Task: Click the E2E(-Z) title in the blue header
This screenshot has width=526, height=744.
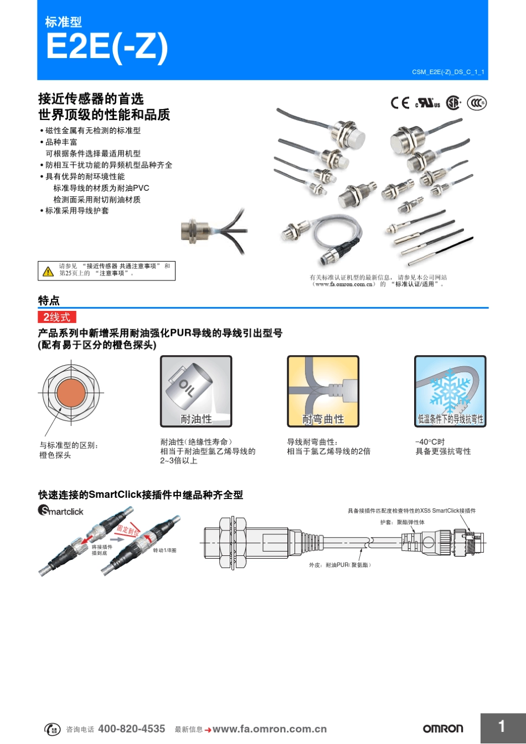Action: pos(106,46)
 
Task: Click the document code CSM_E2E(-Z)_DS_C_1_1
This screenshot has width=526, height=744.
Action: pos(447,72)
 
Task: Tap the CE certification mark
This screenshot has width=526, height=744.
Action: pos(400,103)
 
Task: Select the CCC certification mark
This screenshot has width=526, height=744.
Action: pos(476,103)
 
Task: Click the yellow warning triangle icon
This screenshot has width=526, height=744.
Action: pos(48,271)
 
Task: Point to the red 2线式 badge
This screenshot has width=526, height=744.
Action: pos(56,317)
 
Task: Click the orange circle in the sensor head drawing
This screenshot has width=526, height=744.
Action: pos(70,393)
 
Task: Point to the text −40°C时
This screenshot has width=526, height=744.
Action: pos(430,442)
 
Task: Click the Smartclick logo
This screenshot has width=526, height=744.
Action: pos(60,511)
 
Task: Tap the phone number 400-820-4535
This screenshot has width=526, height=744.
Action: pos(131,729)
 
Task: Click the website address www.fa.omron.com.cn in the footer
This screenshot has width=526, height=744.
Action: pos(269,729)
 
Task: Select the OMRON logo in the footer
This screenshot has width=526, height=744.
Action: pos(443,729)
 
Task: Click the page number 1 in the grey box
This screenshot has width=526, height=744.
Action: pos(502,727)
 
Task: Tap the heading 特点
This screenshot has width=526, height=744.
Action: pos(49,300)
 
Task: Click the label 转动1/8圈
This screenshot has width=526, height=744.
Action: pos(164,550)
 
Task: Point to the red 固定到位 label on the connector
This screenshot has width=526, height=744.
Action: pos(127,529)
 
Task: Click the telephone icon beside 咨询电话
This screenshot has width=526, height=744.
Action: pos(53,729)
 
